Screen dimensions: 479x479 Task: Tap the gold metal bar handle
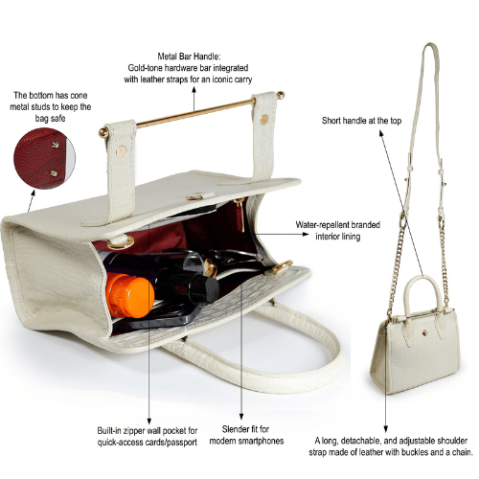point(195,112)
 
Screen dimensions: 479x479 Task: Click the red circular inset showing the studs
point(44,158)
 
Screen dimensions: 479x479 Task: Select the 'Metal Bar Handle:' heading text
point(189,57)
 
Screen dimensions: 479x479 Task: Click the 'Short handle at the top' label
point(361,121)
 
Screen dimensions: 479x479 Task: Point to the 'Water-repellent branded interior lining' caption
point(338,231)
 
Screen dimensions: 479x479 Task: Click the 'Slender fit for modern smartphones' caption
point(246,435)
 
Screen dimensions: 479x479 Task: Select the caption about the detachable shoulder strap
point(391,446)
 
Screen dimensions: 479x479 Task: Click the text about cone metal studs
point(51,106)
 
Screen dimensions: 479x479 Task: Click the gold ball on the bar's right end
point(281,95)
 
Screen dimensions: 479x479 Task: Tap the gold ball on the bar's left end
point(103,132)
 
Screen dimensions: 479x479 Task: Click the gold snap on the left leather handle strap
point(121,150)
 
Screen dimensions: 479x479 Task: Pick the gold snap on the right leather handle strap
point(264,119)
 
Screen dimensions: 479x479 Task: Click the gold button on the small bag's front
point(423,332)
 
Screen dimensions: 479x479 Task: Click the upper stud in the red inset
point(56,145)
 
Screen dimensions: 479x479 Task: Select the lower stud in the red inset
point(55,173)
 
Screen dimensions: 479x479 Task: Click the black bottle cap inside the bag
point(203,289)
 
